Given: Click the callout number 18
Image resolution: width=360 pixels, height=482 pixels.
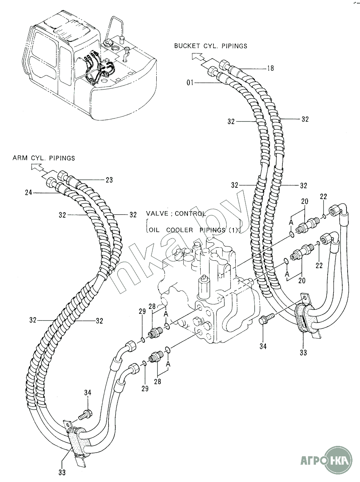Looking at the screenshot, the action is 270,68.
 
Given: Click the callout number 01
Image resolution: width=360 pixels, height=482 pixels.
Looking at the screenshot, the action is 190,83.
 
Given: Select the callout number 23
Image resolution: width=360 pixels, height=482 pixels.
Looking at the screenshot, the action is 109,180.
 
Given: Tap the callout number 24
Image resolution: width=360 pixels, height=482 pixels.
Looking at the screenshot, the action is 29,193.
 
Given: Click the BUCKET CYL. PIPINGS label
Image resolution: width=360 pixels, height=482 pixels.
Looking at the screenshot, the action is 211,46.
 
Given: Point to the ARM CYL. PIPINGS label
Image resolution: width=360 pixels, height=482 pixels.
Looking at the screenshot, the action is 44,158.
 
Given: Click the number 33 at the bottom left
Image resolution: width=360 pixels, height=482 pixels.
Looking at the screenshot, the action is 62,471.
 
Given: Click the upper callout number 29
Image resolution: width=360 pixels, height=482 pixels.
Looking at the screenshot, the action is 142,312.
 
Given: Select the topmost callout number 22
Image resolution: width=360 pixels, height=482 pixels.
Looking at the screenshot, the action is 323,196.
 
